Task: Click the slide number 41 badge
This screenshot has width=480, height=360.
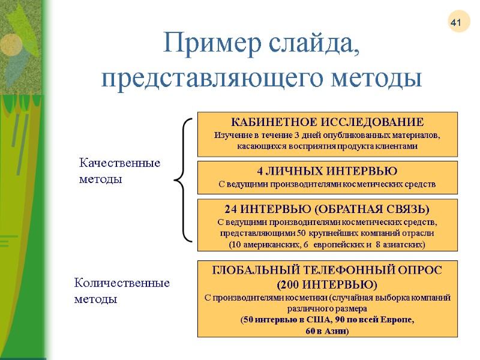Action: pyautogui.click(x=455, y=23)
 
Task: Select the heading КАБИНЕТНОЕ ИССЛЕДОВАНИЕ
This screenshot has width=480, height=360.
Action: pyautogui.click(x=328, y=122)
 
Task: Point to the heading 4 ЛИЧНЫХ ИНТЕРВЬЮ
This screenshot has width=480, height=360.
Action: pyautogui.click(x=328, y=171)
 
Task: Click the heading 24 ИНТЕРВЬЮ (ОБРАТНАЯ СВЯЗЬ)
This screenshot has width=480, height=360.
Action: pyautogui.click(x=328, y=209)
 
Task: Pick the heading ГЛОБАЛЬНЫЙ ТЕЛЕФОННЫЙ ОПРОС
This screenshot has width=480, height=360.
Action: pyautogui.click(x=328, y=271)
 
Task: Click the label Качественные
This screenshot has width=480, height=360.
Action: pyautogui.click(x=120, y=163)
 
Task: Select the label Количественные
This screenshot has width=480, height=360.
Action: pyautogui.click(x=122, y=283)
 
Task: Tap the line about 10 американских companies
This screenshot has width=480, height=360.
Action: pyautogui.click(x=328, y=245)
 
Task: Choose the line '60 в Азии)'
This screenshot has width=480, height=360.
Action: pyautogui.click(x=328, y=331)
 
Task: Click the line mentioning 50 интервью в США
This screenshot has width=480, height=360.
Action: pyautogui.click(x=328, y=319)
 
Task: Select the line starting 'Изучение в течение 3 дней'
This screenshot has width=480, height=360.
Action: pyautogui.click(x=328, y=134)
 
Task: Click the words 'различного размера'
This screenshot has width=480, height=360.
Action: pyautogui.click(x=328, y=308)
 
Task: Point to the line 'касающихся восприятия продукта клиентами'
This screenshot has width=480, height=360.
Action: pyautogui.click(x=328, y=146)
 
